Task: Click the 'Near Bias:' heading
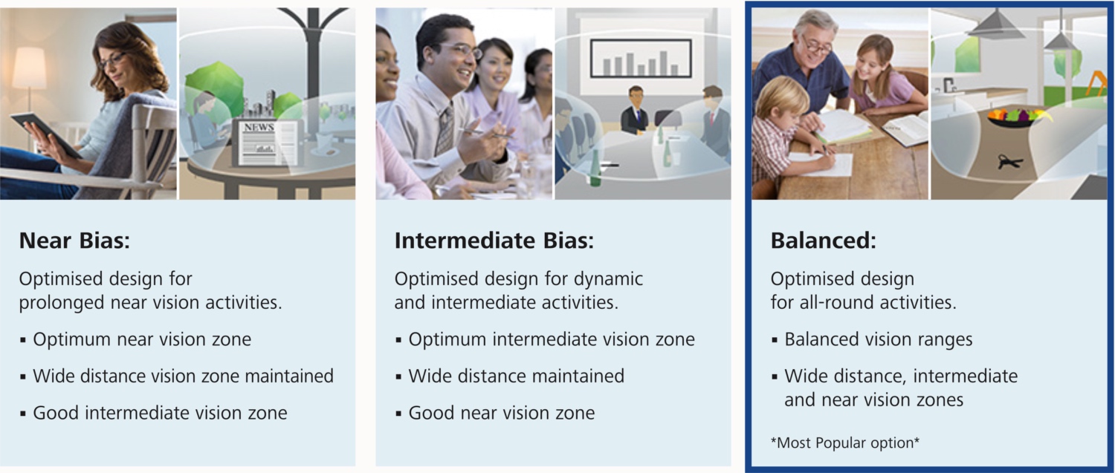click(74, 241)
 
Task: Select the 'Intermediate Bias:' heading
click(494, 241)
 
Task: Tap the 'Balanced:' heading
click(824, 241)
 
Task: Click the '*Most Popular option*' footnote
click(844, 443)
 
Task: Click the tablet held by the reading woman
click(46, 134)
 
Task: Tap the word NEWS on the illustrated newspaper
click(259, 127)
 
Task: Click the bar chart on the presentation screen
click(641, 59)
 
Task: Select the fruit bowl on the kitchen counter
click(1018, 118)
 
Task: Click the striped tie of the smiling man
click(445, 130)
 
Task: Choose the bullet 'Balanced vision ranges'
click(872, 339)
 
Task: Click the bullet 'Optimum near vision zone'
click(135, 339)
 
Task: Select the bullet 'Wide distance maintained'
click(510, 376)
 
